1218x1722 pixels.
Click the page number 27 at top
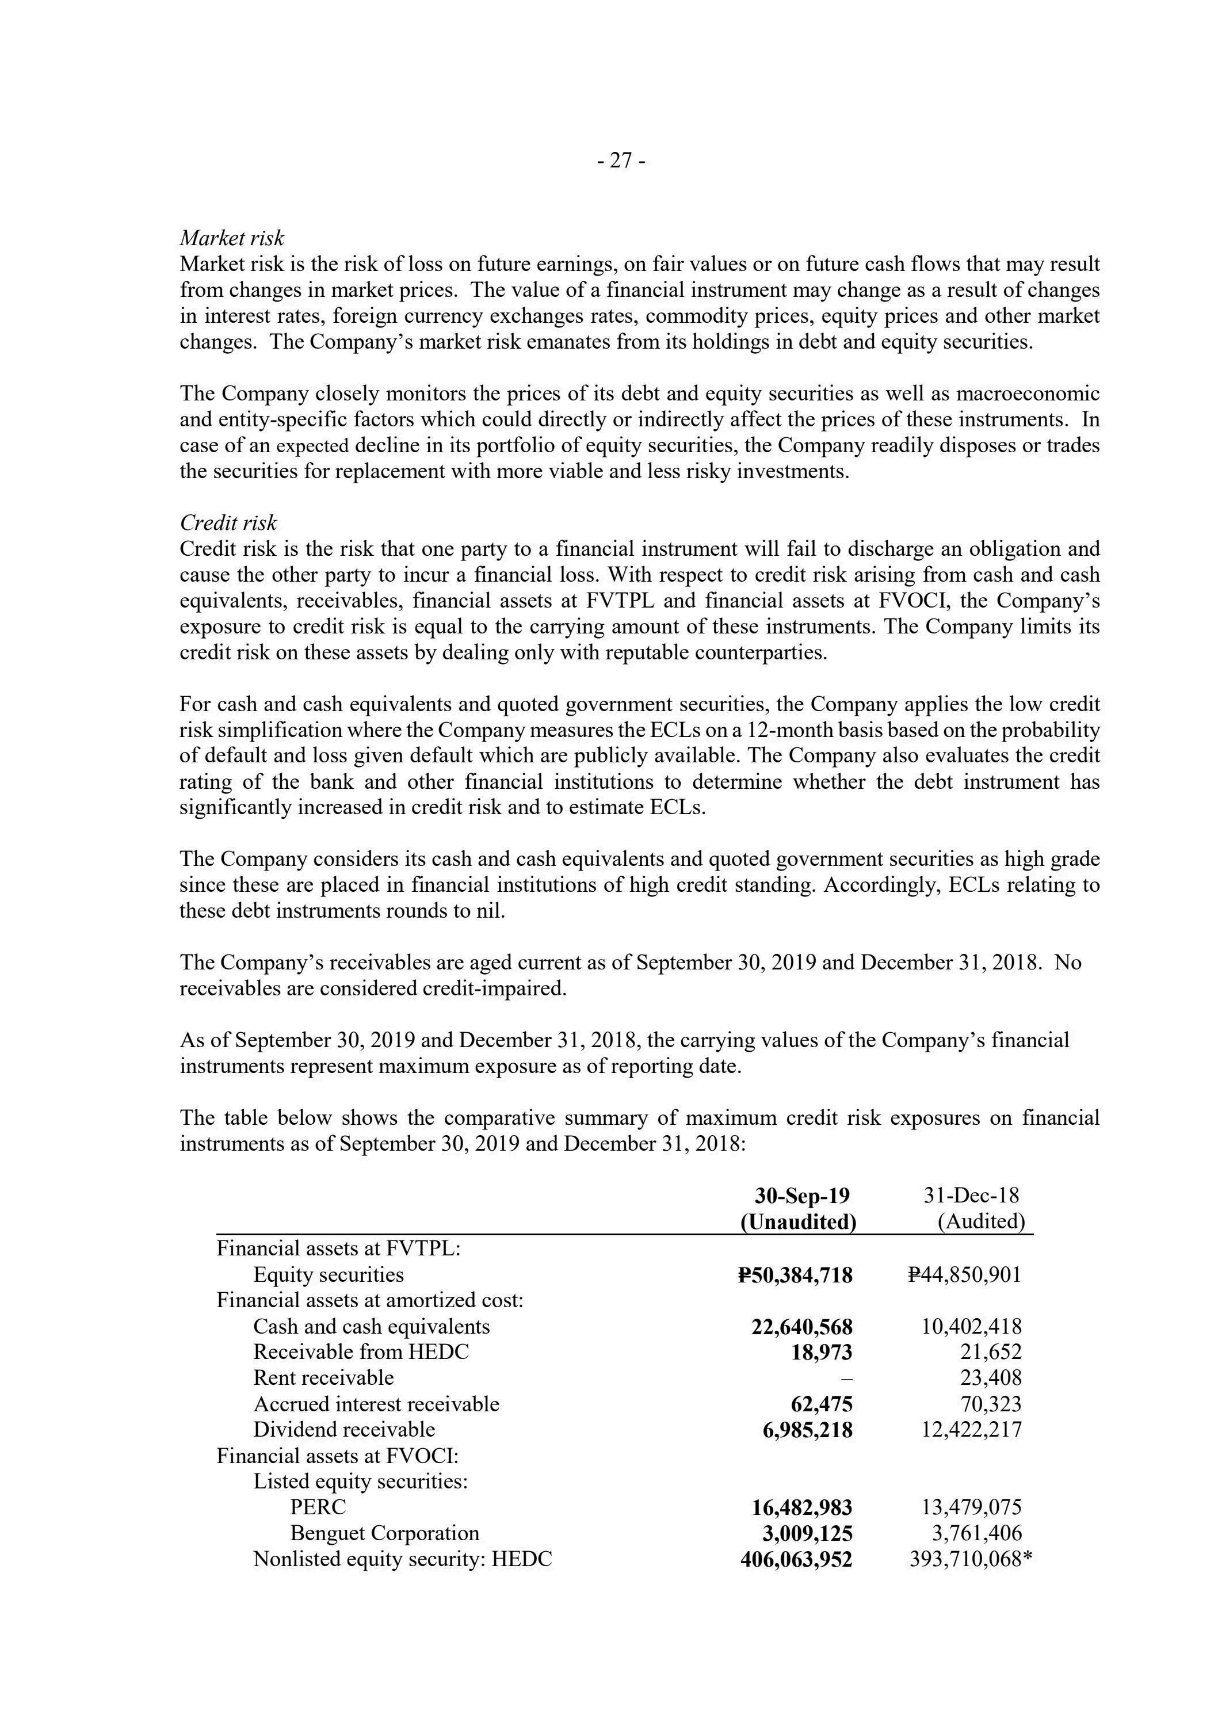point(621,161)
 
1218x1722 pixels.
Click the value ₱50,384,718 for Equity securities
point(795,1275)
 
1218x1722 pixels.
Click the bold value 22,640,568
point(802,1327)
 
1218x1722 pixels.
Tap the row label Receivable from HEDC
point(361,1351)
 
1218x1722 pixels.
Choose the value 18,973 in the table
point(822,1352)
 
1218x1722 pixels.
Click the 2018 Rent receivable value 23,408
point(991,1378)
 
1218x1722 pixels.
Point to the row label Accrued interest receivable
point(376,1404)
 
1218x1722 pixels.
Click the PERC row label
point(318,1507)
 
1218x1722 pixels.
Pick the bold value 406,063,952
point(796,1559)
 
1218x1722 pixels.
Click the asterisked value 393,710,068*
point(971,1559)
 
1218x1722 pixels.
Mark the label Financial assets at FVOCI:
point(338,1456)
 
